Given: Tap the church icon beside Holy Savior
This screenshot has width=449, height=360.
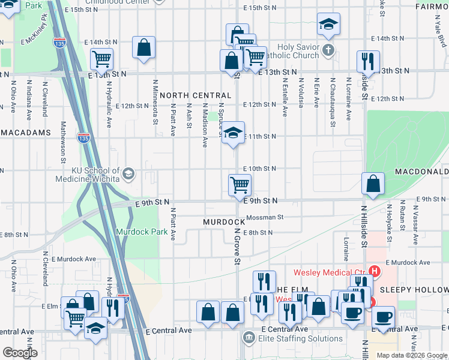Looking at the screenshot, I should [328, 49].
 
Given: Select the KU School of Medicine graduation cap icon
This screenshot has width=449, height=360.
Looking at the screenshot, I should [128, 175].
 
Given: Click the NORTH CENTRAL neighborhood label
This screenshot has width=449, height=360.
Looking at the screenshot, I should [195, 95].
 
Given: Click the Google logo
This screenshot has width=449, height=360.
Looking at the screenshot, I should [20, 353].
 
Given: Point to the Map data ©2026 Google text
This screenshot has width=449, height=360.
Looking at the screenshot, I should [411, 355].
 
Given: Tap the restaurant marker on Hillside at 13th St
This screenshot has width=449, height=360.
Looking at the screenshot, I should [367, 62].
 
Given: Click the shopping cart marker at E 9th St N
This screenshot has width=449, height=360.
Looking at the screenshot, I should [240, 185].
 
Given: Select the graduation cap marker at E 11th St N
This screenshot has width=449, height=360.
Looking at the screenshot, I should [233, 133].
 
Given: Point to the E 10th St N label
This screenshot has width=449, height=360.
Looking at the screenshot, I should [259, 169].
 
